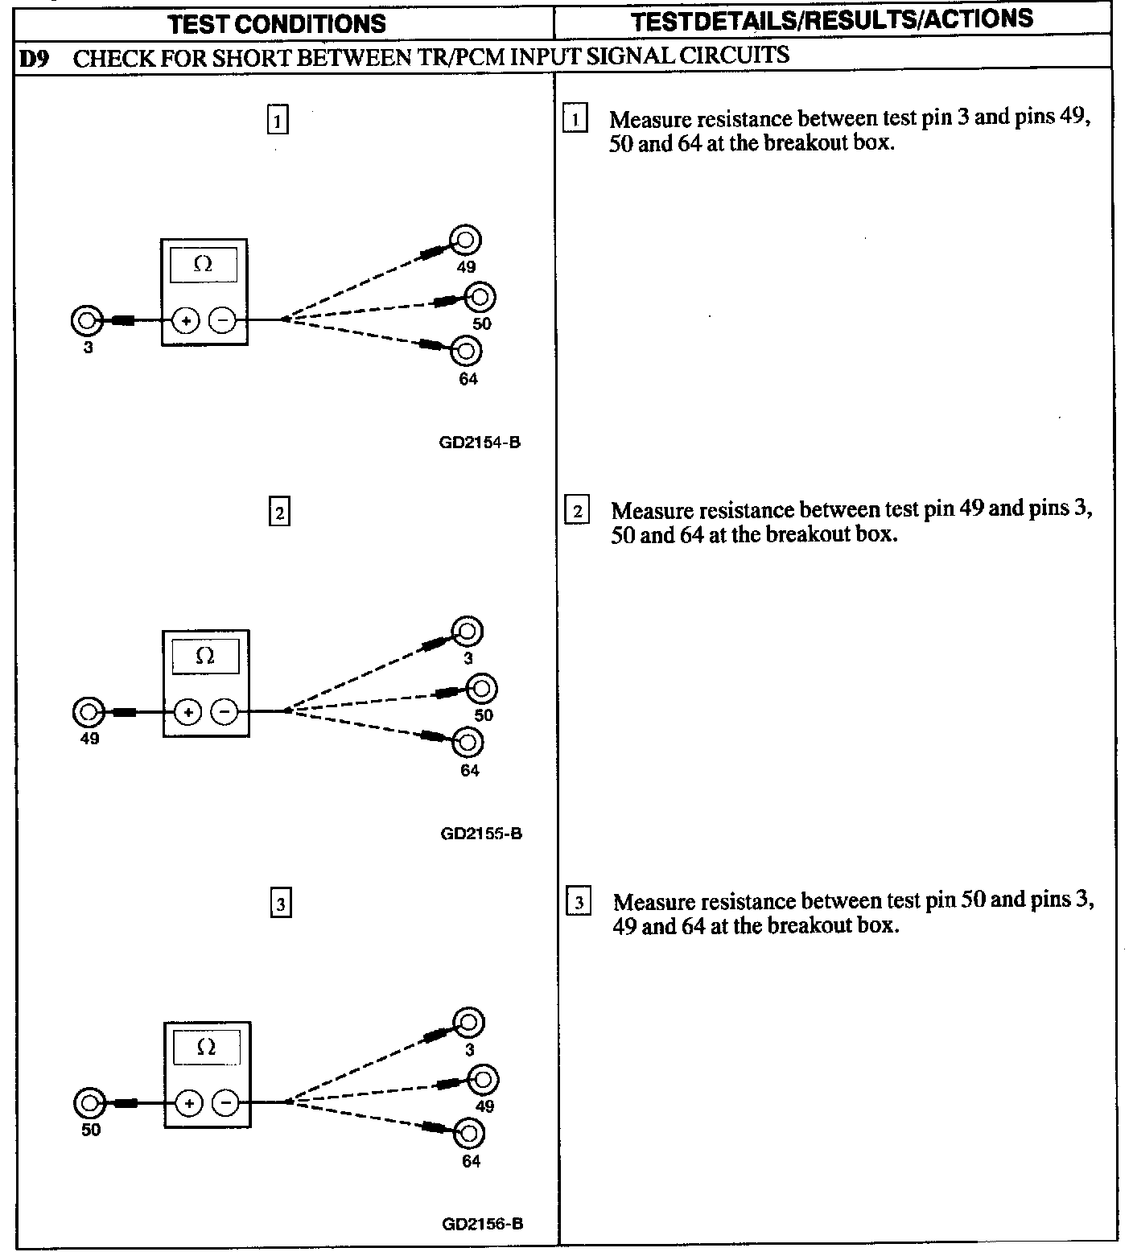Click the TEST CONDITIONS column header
[x=277, y=24]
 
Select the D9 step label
[x=32, y=57]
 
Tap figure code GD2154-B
[x=480, y=442]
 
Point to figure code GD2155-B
[x=481, y=834]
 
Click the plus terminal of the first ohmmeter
[x=186, y=321]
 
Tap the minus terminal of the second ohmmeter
[x=225, y=712]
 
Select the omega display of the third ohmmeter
[x=207, y=1048]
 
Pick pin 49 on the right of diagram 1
[x=466, y=240]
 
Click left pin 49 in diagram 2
[x=88, y=712]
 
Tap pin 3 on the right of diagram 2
[x=468, y=632]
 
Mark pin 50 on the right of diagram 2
[x=483, y=688]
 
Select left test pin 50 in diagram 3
[x=89, y=1102]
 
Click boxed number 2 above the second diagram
[x=279, y=513]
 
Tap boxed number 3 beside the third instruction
[x=579, y=903]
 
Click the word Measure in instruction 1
[x=650, y=120]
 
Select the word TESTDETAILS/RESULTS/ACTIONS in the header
[x=832, y=21]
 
